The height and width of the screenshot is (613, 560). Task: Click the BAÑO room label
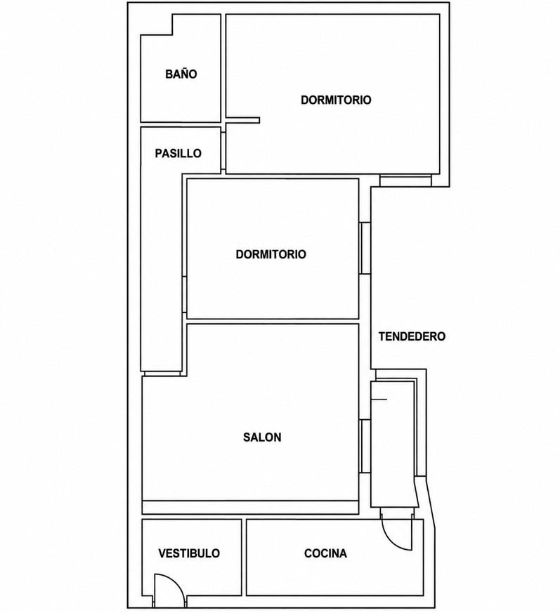(x=181, y=74)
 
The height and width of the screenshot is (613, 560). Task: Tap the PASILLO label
(x=178, y=153)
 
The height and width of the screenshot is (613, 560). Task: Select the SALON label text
(x=262, y=437)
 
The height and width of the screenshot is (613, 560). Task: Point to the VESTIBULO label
(x=189, y=553)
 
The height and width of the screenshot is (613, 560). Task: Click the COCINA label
(x=325, y=553)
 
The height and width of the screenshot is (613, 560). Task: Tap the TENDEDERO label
(x=412, y=336)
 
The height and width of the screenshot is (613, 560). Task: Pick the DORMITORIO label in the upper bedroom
(x=336, y=100)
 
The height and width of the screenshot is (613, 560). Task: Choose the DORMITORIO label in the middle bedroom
(x=271, y=254)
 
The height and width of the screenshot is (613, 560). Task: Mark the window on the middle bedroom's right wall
(x=365, y=249)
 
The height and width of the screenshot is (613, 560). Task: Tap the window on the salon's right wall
(x=365, y=446)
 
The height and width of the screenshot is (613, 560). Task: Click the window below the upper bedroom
(x=405, y=180)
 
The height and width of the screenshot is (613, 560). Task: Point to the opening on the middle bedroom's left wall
(x=184, y=295)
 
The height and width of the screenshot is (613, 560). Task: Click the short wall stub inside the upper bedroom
(x=242, y=120)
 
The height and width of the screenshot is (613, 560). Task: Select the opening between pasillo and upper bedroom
(x=223, y=150)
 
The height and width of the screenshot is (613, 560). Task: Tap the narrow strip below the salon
(x=250, y=508)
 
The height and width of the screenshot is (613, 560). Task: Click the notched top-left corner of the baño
(x=173, y=35)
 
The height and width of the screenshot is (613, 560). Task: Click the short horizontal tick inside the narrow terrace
(x=379, y=400)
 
